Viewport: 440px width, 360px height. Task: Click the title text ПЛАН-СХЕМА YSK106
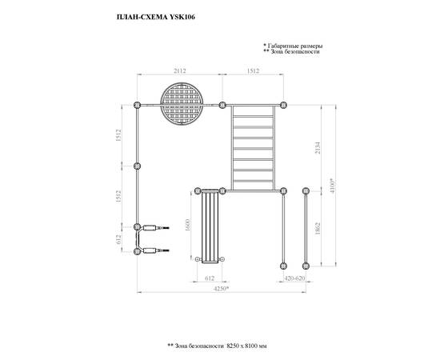[x=156, y=17]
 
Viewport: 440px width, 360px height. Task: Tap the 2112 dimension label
[x=179, y=71]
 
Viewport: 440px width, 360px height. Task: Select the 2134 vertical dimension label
[x=318, y=147]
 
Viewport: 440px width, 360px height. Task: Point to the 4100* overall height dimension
[x=333, y=186]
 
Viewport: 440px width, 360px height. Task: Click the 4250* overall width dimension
[x=222, y=289]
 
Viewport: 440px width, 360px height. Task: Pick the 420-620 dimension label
[x=294, y=278]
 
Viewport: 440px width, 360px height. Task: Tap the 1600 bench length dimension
[x=188, y=225]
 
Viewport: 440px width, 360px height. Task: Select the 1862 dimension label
[x=318, y=229]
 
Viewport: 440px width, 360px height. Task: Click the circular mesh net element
[x=182, y=103]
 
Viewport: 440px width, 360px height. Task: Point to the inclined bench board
[x=210, y=226]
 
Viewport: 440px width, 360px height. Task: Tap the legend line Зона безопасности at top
[x=295, y=52]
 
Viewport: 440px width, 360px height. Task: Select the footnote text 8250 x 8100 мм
[x=246, y=346]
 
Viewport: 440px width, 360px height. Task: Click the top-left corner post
[x=137, y=106]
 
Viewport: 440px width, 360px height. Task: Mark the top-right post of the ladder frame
[x=283, y=106]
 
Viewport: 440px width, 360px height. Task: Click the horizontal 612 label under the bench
[x=210, y=278]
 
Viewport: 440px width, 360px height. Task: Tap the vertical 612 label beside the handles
[x=118, y=239]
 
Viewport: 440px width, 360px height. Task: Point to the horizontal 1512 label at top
[x=253, y=71]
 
